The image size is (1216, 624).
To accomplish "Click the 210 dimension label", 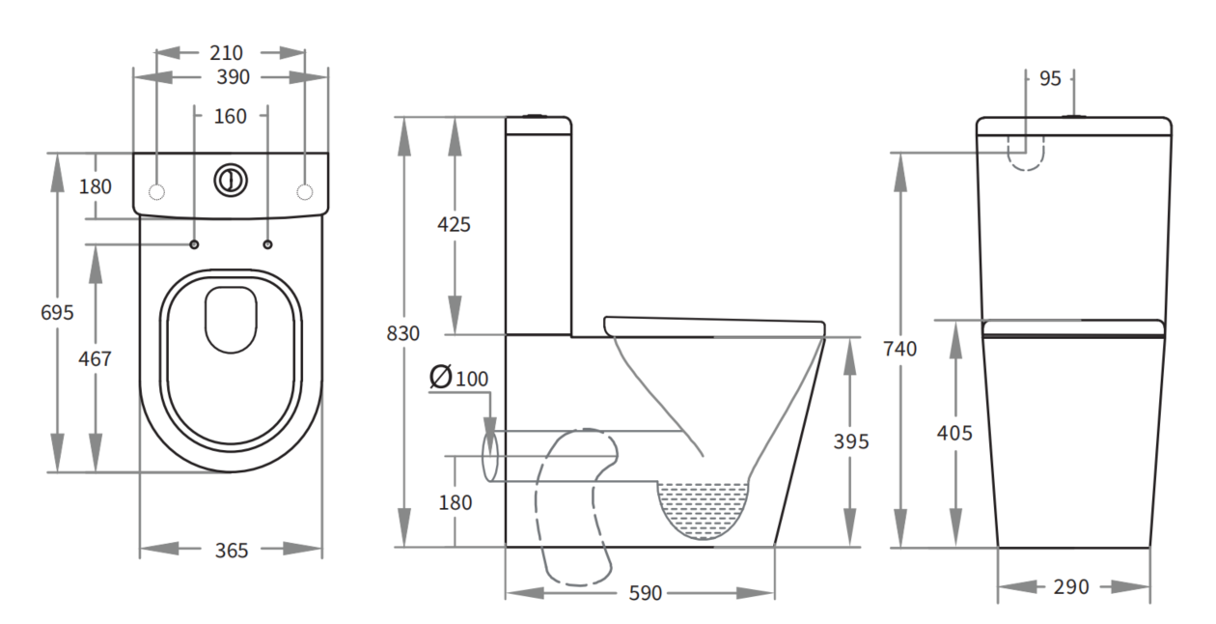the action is pyautogui.click(x=227, y=53).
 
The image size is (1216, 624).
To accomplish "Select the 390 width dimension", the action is pyautogui.click(x=233, y=77).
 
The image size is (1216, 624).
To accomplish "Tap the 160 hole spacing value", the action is pyautogui.click(x=230, y=116).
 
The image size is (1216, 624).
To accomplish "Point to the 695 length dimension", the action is pyautogui.click(x=57, y=313).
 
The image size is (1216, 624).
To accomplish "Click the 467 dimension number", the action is pyautogui.click(x=95, y=358).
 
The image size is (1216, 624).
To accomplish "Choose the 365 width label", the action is pyautogui.click(x=232, y=551).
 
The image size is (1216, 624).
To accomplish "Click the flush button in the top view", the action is pyautogui.click(x=231, y=180).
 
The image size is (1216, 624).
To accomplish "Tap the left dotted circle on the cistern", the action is pyautogui.click(x=156, y=192).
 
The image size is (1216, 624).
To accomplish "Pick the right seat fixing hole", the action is pyautogui.click(x=267, y=244).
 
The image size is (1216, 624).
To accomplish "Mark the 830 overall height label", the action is pyautogui.click(x=402, y=333).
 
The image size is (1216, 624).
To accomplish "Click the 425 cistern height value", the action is pyautogui.click(x=454, y=224).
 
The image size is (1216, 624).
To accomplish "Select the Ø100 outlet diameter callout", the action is pyautogui.click(x=459, y=378).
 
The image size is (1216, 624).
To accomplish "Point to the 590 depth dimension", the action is pyautogui.click(x=646, y=593).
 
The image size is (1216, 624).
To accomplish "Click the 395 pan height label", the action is pyautogui.click(x=851, y=441).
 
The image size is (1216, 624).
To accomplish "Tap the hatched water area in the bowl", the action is pyautogui.click(x=703, y=508).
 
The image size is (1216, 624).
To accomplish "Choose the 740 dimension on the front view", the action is pyautogui.click(x=900, y=349).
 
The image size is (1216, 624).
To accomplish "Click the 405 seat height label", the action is pyautogui.click(x=954, y=433).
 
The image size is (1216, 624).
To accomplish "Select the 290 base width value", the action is pyautogui.click(x=1071, y=587).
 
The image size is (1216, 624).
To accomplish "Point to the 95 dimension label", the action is pyautogui.click(x=1050, y=79).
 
